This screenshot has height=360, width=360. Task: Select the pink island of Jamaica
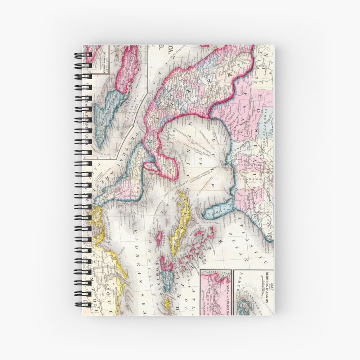159,238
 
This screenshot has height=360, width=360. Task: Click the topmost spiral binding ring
83,55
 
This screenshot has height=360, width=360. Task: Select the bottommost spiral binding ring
83,305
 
